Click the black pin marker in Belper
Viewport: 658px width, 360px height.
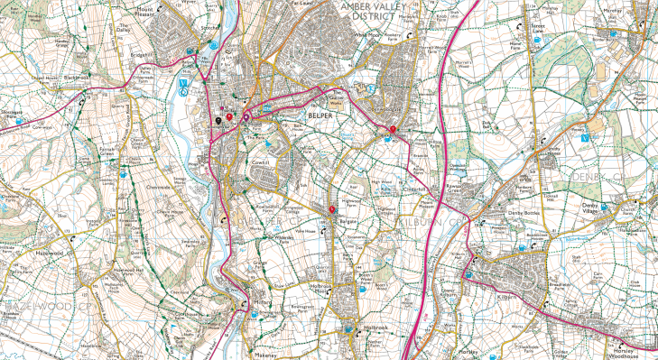click(218, 116)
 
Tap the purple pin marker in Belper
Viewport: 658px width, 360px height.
click(246, 115)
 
